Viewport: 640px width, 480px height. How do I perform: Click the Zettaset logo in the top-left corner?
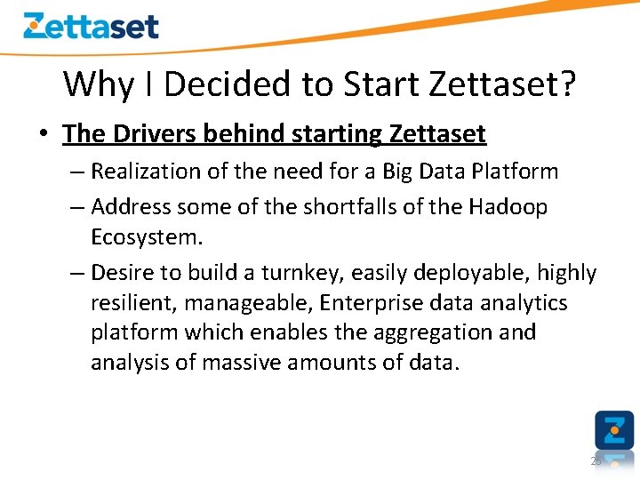[x=91, y=26]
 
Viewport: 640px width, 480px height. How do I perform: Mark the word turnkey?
[x=288, y=273]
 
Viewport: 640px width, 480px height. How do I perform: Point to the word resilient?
[x=134, y=303]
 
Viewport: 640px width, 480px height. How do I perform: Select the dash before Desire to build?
[x=77, y=273]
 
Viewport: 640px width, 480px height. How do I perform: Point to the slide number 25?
[x=596, y=461]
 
